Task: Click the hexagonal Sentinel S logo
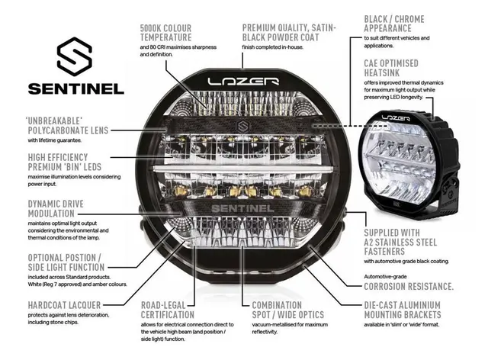point(75,55)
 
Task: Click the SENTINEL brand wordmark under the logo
point(75,87)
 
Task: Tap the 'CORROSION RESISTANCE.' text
point(409,286)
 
